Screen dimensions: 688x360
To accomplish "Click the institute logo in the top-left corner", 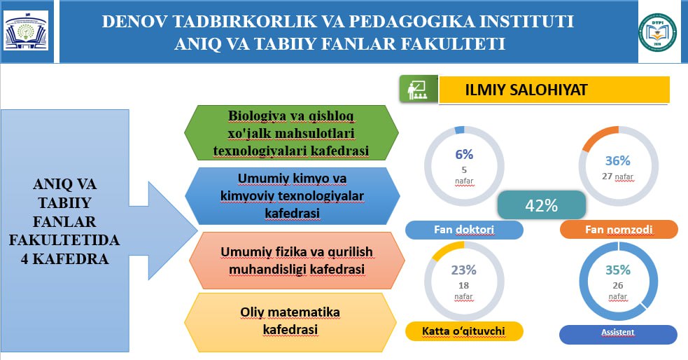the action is (26, 31).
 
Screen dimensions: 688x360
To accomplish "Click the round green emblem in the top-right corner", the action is (657, 32).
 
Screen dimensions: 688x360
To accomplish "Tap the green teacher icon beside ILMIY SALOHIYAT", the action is (419, 89).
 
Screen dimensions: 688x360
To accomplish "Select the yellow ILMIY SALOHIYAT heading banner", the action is (554, 90).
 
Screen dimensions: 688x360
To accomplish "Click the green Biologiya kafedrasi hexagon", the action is (291, 132).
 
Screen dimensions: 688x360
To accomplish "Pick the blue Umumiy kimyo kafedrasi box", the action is (293, 196).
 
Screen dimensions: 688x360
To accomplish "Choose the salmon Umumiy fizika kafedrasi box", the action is (297, 261).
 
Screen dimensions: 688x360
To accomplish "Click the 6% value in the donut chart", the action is (464, 155).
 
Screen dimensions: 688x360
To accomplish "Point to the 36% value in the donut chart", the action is (618, 160).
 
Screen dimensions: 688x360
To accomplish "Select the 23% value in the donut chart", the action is (464, 270).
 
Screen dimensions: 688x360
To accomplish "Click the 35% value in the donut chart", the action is (618, 270).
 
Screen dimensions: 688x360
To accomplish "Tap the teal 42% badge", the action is (542, 205).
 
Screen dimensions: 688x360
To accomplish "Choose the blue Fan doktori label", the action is (464, 230).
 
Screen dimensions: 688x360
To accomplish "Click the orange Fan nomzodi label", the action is (619, 230).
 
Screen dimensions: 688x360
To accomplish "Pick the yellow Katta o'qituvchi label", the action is (464, 331).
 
